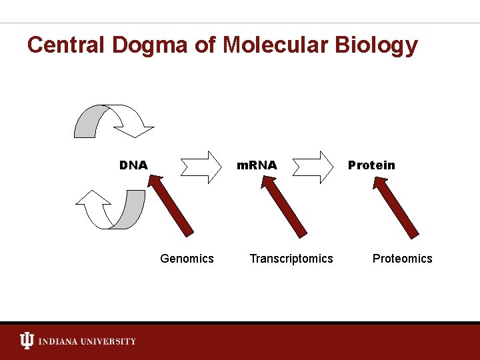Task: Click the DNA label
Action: [x=133, y=165]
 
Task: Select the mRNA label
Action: [x=257, y=165]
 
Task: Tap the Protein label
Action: [x=371, y=165]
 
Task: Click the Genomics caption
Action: [x=187, y=259]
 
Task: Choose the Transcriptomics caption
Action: [x=291, y=259]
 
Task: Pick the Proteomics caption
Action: [x=402, y=259]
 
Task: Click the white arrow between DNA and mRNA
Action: [x=201, y=167]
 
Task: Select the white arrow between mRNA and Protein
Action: [x=313, y=167]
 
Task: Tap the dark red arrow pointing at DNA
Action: [x=171, y=205]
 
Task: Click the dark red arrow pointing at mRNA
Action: [x=283, y=207]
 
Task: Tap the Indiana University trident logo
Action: [x=27, y=341]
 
